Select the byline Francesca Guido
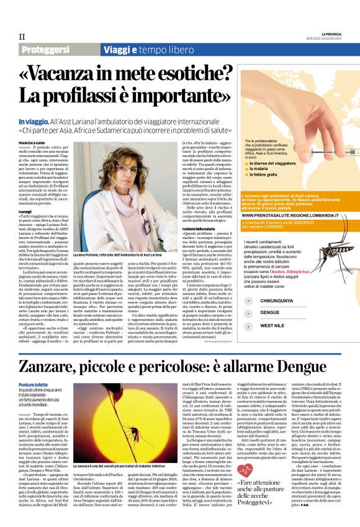click(x=32, y=143)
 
